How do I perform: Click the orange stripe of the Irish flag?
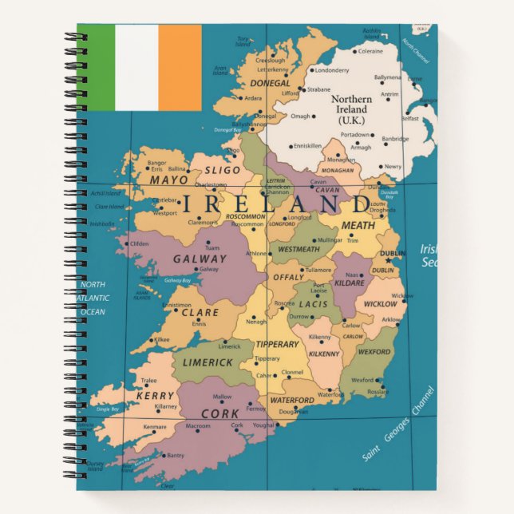pyautogui.click(x=180, y=66)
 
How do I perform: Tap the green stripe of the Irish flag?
pyautogui.click(x=96, y=66)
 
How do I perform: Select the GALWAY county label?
pyautogui.click(x=200, y=259)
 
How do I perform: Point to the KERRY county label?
pyautogui.click(x=155, y=396)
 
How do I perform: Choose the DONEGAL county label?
pyautogui.click(x=271, y=82)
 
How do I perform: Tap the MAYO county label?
pyautogui.click(x=169, y=180)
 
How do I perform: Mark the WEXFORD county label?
pyautogui.click(x=374, y=351)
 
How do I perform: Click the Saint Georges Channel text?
pyautogui.click(x=397, y=425)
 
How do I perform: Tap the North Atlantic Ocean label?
pyautogui.click(x=93, y=298)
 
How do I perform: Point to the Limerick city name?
pyautogui.click(x=229, y=346)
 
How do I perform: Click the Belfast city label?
pyautogui.click(x=410, y=118)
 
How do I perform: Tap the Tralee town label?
pyautogui.click(x=148, y=381)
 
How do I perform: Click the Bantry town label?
pyautogui.click(x=175, y=456)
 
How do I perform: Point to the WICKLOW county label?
pyautogui.click(x=380, y=304)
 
